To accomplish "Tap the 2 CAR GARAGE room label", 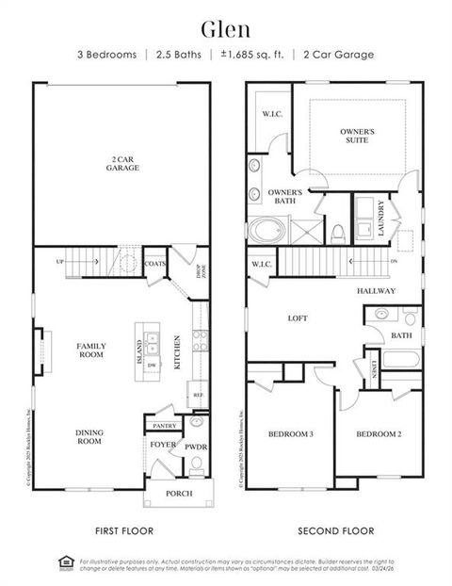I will click(x=122, y=164).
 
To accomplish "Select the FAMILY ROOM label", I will click(x=90, y=350).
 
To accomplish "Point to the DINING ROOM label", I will click(x=89, y=436).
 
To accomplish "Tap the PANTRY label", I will click(x=165, y=425).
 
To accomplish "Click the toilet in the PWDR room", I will click(x=196, y=463).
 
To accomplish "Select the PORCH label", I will click(x=179, y=493).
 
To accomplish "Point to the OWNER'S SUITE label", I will click(x=357, y=136).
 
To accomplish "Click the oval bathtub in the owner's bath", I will click(x=265, y=229).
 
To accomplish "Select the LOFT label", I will click(x=298, y=318).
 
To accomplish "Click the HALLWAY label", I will click(x=377, y=291).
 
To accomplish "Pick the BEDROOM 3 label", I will click(x=291, y=433).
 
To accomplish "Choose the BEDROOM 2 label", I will click(x=379, y=433).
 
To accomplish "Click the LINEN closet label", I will click(x=374, y=368).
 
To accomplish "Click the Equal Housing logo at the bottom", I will click(x=65, y=563).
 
